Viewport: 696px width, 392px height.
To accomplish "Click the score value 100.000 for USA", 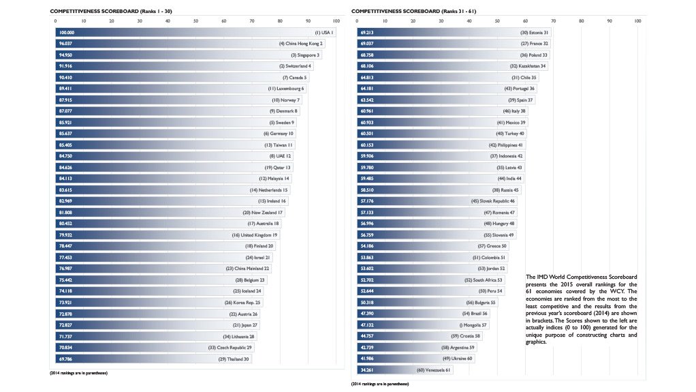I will coord(66,32).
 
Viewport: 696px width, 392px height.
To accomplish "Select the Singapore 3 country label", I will coord(304,55).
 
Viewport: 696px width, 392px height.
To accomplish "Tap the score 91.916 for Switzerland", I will coord(66,66).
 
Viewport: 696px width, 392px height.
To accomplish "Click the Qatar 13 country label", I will coord(278,167).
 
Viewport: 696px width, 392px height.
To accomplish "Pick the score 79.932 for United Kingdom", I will coord(66,235).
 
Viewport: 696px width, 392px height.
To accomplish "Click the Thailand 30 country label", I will coord(234,359).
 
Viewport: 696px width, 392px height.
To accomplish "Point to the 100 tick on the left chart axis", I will coord(336,21).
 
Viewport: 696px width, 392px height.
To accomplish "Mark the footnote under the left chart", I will coord(79,374).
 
